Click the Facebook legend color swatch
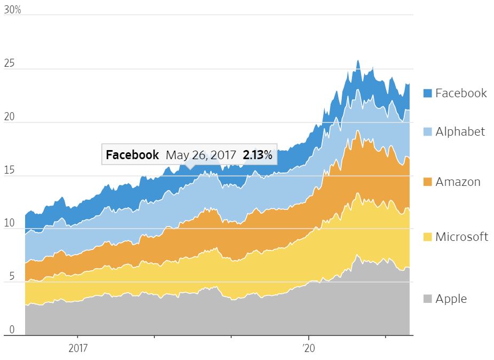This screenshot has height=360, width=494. (427, 93)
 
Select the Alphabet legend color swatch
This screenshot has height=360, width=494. (427, 132)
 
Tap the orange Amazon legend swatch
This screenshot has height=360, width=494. (427, 182)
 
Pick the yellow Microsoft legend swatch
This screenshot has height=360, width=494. (427, 237)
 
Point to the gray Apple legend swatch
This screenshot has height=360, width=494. (427, 299)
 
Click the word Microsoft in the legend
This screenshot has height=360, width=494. (461, 237)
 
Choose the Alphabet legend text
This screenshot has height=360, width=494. (460, 131)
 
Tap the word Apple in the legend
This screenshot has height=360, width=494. (451, 299)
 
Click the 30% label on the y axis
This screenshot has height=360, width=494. (12, 10)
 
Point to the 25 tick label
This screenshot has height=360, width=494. (10, 64)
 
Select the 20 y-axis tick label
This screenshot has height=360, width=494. (10, 118)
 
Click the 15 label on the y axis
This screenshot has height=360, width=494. (9, 171)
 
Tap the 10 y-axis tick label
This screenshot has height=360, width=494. (9, 224)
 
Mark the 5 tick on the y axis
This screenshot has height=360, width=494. (6, 277)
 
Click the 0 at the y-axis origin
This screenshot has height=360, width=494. (6, 331)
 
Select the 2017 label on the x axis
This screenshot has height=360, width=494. (78, 349)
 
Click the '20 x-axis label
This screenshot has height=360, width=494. (309, 349)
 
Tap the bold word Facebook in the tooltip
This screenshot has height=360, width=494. (132, 155)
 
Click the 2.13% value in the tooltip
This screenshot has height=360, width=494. (257, 155)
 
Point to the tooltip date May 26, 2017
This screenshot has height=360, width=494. (201, 155)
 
